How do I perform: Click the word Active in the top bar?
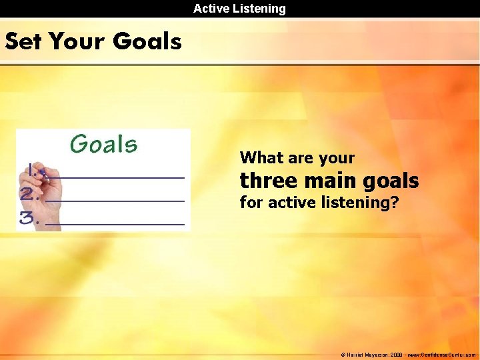pyautogui.click(x=211, y=9)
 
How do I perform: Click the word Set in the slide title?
pyautogui.click(x=24, y=41)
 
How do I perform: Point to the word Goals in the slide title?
pyautogui.click(x=147, y=41)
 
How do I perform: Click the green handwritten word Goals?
pyautogui.click(x=103, y=144)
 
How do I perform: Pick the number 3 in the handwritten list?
pyautogui.click(x=27, y=218)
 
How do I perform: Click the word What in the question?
pyautogui.click(x=257, y=158)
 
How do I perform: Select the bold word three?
pyautogui.click(x=265, y=181)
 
